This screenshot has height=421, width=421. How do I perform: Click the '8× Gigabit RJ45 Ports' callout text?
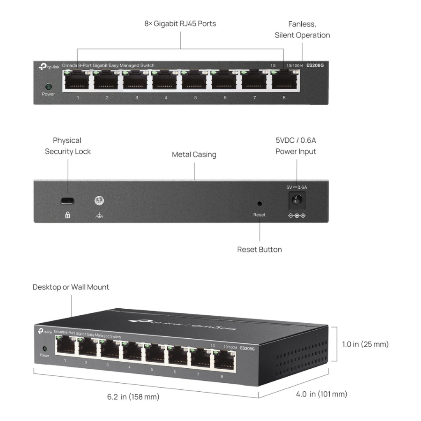(180, 23)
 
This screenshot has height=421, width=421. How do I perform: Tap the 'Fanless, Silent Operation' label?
(302, 30)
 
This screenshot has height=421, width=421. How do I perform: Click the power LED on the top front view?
(48, 87)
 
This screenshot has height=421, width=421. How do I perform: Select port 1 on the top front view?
(77, 81)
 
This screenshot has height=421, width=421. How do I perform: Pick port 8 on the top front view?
(284, 81)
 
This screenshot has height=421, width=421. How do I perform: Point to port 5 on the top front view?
(195, 81)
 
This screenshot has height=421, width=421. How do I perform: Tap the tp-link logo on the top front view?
(49, 66)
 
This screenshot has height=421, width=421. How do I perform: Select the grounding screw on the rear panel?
(99, 201)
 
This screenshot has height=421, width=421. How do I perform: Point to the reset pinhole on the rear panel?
(259, 203)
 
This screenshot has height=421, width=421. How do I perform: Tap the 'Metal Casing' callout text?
(194, 155)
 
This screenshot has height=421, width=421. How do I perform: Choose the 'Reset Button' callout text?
(259, 250)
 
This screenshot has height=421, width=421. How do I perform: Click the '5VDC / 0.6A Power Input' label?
(296, 146)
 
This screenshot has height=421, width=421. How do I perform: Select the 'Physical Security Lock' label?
(67, 146)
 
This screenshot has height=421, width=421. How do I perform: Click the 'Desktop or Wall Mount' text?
(71, 287)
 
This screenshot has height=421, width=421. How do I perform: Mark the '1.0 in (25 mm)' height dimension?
(365, 344)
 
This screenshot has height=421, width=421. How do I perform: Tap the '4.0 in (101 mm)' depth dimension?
(322, 394)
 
